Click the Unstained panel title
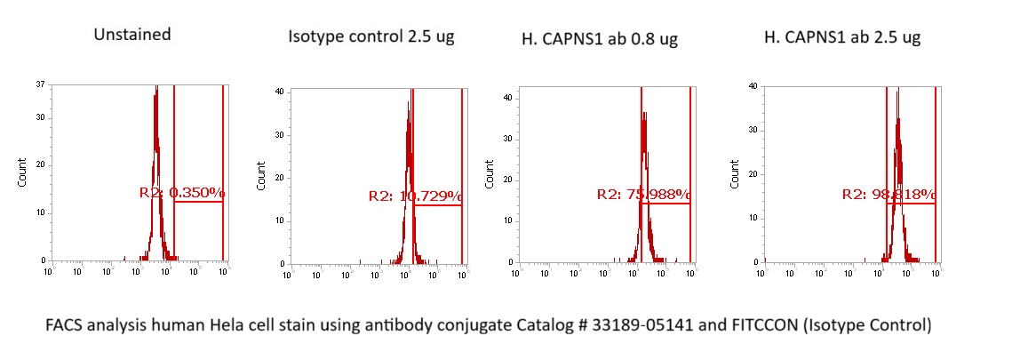tap(132, 35)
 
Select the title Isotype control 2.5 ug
tap(371, 37)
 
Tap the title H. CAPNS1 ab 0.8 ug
tap(600, 39)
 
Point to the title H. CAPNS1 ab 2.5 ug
tap(841, 37)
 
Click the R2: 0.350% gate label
tap(182, 192)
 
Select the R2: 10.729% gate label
tap(415, 196)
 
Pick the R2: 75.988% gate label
tap(643, 194)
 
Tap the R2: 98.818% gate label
tap(888, 194)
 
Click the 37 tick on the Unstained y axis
tap(41, 85)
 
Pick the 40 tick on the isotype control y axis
tap(279, 92)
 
